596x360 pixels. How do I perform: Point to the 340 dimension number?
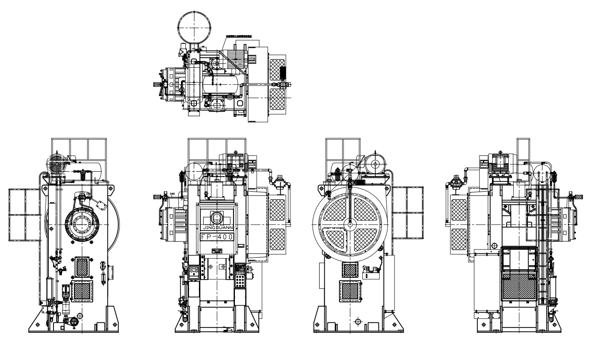[x=172, y=194]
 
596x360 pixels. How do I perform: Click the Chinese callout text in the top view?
[x=241, y=36]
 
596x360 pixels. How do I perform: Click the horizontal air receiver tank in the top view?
[x=219, y=84]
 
